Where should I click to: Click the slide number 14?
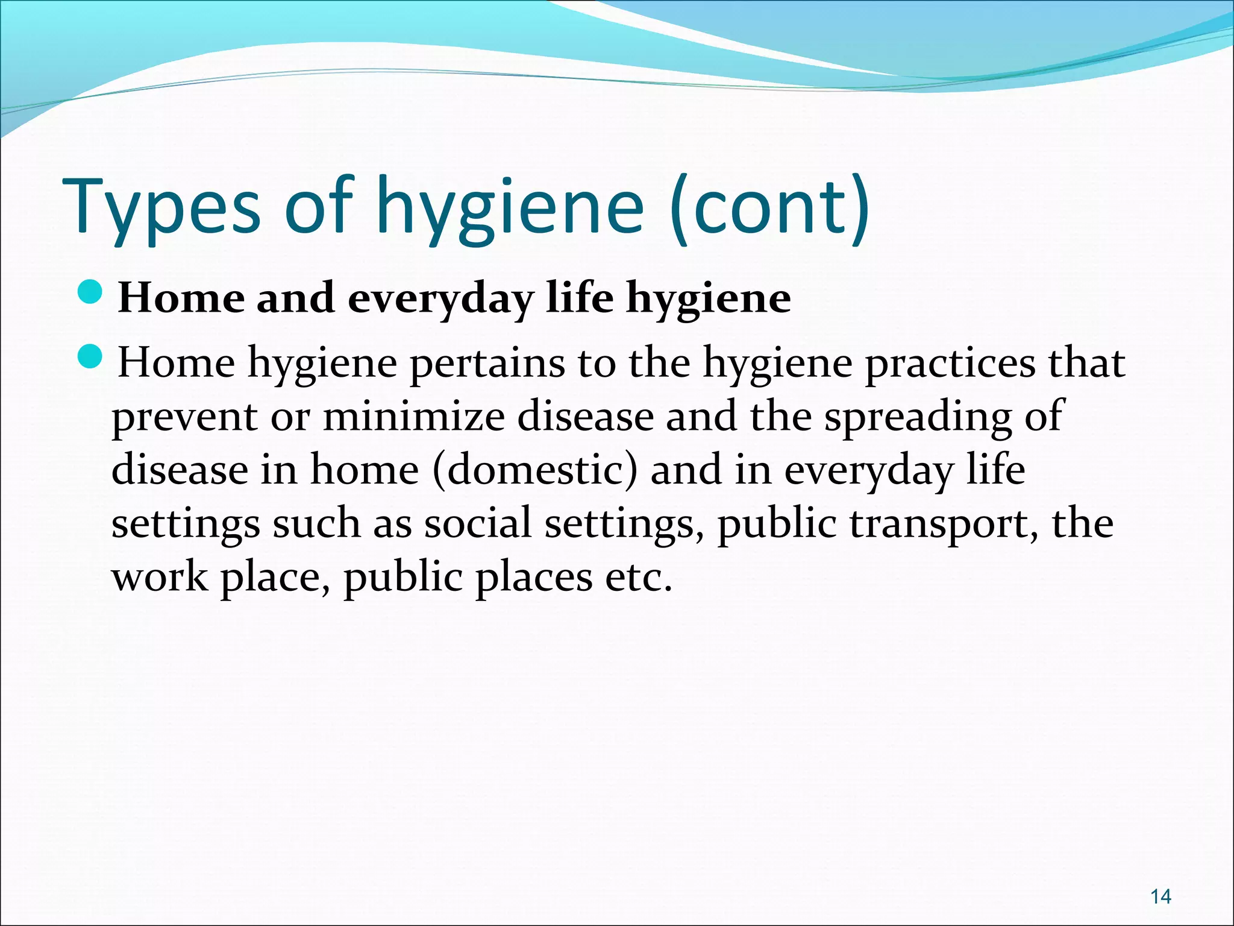[x=1160, y=897]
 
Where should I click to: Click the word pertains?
[x=487, y=364]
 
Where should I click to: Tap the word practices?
[x=950, y=364]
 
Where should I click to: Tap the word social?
[x=477, y=523]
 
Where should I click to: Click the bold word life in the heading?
[x=578, y=298]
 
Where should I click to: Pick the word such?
[x=316, y=523]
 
